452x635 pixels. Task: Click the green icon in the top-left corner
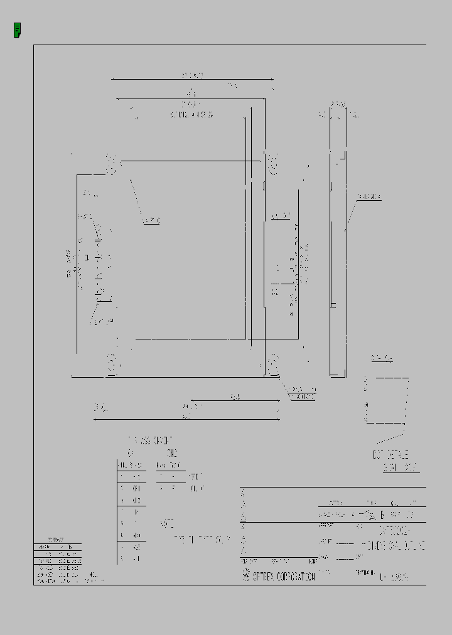17,29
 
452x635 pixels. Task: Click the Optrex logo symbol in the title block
246,576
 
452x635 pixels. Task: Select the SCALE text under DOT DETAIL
401,468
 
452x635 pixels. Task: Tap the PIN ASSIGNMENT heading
150,440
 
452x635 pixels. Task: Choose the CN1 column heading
131,452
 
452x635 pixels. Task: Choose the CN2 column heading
172,452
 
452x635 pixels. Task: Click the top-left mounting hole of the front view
112,165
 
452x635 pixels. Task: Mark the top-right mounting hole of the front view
273,164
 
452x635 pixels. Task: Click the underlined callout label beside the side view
369,197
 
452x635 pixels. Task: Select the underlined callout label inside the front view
151,220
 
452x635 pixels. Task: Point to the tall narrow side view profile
338,245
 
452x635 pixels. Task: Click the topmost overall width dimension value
193,75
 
